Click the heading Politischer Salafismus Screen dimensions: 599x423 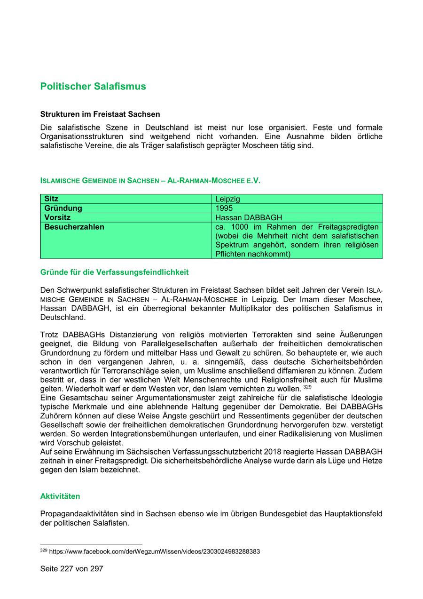(x=93, y=87)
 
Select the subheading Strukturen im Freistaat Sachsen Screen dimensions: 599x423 (x=100, y=114)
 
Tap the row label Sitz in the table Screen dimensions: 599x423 (x=51, y=199)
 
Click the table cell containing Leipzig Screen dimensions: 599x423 (x=227, y=199)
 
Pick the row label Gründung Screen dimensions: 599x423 (x=63, y=208)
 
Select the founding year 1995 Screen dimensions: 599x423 (x=224, y=208)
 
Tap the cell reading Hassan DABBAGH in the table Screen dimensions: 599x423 (x=249, y=217)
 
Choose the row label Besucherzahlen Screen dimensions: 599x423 (x=74, y=227)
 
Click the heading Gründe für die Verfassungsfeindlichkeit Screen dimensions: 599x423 (x=114, y=272)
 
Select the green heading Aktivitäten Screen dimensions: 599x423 (x=60, y=496)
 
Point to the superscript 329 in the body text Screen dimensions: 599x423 (x=307, y=387)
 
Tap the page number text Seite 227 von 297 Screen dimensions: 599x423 (x=71, y=569)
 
